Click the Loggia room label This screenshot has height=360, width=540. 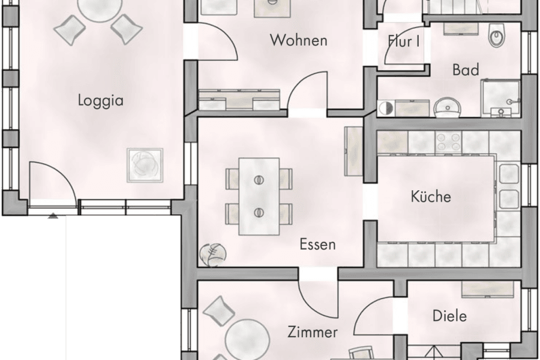coord(100,100)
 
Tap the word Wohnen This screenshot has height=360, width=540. coord(298,41)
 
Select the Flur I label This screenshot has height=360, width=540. coord(404,41)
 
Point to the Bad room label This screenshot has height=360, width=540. coord(466,70)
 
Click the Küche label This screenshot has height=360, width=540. coord(430,196)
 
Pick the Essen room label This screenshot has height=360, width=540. coord(317,244)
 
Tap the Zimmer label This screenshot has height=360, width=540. coord(312,332)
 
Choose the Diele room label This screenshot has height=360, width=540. coord(449,316)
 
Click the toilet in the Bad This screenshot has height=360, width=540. coord(497,36)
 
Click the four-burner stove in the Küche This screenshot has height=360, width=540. coord(448,142)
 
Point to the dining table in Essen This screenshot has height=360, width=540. coord(259,196)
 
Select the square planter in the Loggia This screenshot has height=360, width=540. coord(144,164)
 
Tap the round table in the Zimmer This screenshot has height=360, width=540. coord(247,336)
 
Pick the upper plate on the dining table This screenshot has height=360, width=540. coord(259,180)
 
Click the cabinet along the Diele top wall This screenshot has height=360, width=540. coord(487,289)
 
